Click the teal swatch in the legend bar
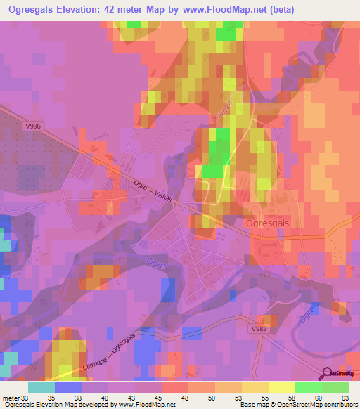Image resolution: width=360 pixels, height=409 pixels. pos(41,387)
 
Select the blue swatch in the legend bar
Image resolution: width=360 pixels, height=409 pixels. pos(67,387)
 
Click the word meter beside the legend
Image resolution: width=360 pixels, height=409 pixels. pos(11,397)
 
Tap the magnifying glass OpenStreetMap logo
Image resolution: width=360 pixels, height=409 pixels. pos(328,373)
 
